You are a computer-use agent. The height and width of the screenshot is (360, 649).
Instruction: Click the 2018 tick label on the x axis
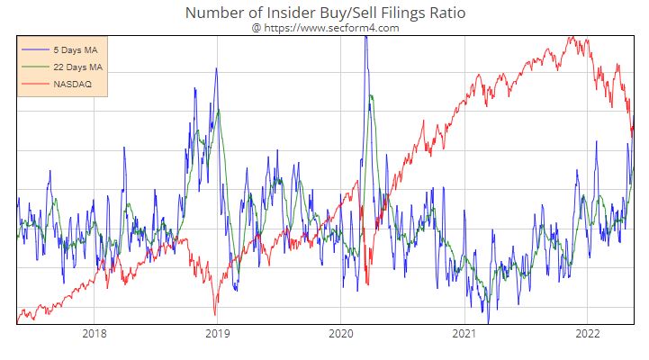pos(94,334)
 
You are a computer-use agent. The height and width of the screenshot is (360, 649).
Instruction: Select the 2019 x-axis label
pos(217,334)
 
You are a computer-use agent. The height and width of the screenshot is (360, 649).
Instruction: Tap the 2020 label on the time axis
pos(340,334)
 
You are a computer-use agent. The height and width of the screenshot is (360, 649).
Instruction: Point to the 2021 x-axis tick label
pos(464,334)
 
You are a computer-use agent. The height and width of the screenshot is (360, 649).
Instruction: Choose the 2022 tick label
pos(587,334)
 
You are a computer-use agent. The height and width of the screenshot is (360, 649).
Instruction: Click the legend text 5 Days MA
pos(76,49)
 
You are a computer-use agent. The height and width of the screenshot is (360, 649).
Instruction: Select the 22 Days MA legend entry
pos(78,67)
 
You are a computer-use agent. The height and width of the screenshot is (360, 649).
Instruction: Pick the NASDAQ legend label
pos(73,84)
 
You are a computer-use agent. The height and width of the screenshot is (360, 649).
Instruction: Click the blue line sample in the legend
pos(36,49)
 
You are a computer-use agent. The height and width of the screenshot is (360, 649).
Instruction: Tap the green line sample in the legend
pos(36,67)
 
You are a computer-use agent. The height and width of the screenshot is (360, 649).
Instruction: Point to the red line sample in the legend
pos(36,84)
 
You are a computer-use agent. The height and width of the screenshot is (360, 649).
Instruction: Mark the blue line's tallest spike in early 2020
pos(365,38)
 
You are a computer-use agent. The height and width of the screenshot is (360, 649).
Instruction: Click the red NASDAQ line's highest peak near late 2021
pos(570,38)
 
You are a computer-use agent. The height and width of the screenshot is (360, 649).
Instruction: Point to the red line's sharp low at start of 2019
pos(215,314)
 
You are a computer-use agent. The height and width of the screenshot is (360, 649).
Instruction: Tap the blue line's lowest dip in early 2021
pos(489,321)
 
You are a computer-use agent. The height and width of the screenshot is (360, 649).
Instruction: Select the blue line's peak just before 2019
pos(215,68)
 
